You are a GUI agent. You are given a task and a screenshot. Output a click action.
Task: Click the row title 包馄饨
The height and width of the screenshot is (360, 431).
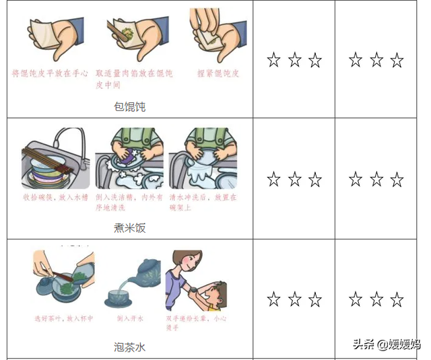pyautogui.click(x=130, y=106)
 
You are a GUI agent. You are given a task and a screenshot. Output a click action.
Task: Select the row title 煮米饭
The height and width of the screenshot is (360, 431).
pyautogui.click(x=130, y=227)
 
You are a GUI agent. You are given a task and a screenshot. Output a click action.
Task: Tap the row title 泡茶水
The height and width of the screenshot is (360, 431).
pyautogui.click(x=130, y=347)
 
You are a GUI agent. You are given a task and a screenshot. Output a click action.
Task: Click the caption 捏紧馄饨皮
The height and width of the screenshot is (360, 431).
pyautogui.click(x=218, y=73)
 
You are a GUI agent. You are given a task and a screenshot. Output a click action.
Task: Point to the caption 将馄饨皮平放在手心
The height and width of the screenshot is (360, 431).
pyautogui.click(x=50, y=73)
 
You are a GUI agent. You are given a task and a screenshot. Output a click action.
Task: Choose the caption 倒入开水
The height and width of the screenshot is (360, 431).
pyautogui.click(x=127, y=318)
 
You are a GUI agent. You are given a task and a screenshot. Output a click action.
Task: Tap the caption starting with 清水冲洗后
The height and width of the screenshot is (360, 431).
pyautogui.click(x=203, y=202)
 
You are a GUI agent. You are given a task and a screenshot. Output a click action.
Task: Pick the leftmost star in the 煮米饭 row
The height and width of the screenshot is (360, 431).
pyautogui.click(x=273, y=180)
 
